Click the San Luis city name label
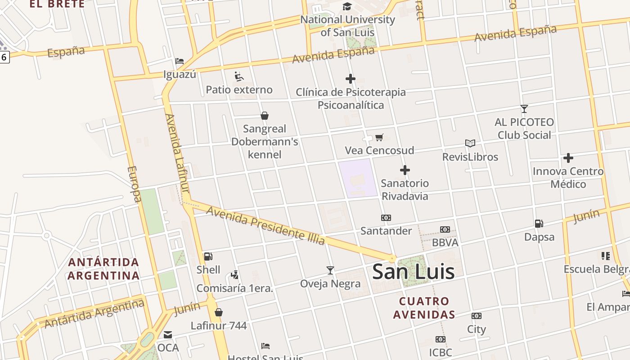click(x=413, y=271)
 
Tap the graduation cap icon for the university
click(x=347, y=6)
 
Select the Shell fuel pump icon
click(x=208, y=256)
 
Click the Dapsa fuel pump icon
click(x=539, y=223)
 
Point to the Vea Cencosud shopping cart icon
click(x=379, y=137)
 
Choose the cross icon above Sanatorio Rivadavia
click(x=405, y=170)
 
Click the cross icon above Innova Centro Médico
click(x=568, y=158)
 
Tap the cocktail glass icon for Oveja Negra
click(x=330, y=270)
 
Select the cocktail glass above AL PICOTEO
click(x=524, y=108)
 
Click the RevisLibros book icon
click(x=470, y=143)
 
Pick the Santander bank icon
click(x=386, y=218)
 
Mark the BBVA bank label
click(x=445, y=243)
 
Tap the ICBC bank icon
click(x=440, y=339)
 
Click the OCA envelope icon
click(x=168, y=335)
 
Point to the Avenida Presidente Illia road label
click(x=265, y=225)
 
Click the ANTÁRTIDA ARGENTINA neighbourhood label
click(x=103, y=269)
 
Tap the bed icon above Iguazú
click(x=180, y=61)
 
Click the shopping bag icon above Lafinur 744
click(x=219, y=312)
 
